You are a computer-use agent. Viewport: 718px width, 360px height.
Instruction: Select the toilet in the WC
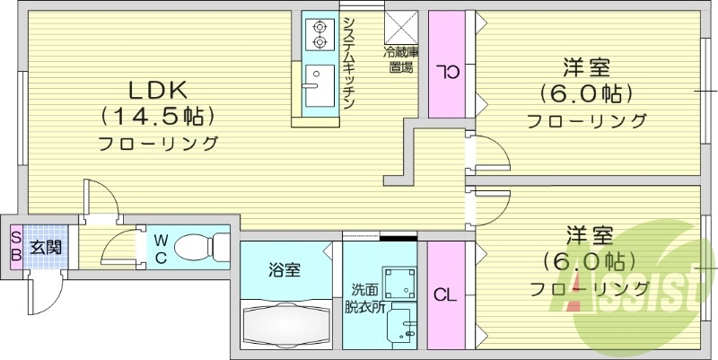pyautogui.click(x=198, y=245)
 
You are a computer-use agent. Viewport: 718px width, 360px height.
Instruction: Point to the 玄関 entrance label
pyautogui.click(x=46, y=245)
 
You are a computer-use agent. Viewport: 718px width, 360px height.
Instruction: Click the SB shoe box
pyautogui.click(x=15, y=245)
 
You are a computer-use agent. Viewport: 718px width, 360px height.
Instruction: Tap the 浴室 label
pyautogui.click(x=285, y=268)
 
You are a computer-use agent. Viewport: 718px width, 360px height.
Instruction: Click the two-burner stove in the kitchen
pyautogui.click(x=319, y=34)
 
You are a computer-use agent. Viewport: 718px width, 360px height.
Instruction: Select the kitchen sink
pyautogui.click(x=316, y=85)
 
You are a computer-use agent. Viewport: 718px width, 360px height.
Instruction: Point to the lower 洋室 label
pyautogui.click(x=588, y=236)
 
